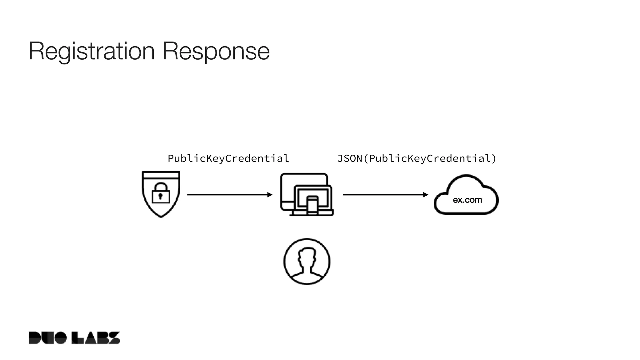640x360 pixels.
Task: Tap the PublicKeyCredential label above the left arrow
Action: pyautogui.click(x=228, y=158)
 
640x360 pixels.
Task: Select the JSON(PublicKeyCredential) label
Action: pyautogui.click(x=417, y=158)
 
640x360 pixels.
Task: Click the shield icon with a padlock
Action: pyautogui.click(x=161, y=194)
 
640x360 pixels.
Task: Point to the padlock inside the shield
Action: pyautogui.click(x=161, y=193)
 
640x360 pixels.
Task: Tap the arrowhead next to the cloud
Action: pyautogui.click(x=426, y=195)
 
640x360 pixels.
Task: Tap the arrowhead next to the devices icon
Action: pyautogui.click(x=270, y=195)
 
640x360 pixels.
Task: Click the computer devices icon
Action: pyautogui.click(x=307, y=194)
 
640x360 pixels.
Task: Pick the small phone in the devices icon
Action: pyautogui.click(x=312, y=205)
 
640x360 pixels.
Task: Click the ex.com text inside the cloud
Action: pyautogui.click(x=467, y=200)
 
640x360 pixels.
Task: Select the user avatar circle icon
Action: pyautogui.click(x=307, y=262)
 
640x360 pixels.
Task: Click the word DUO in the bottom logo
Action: pyautogui.click(x=47, y=338)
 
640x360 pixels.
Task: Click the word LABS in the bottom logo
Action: pyautogui.click(x=96, y=338)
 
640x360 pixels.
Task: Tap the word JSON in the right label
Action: pyautogui.click(x=349, y=158)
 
